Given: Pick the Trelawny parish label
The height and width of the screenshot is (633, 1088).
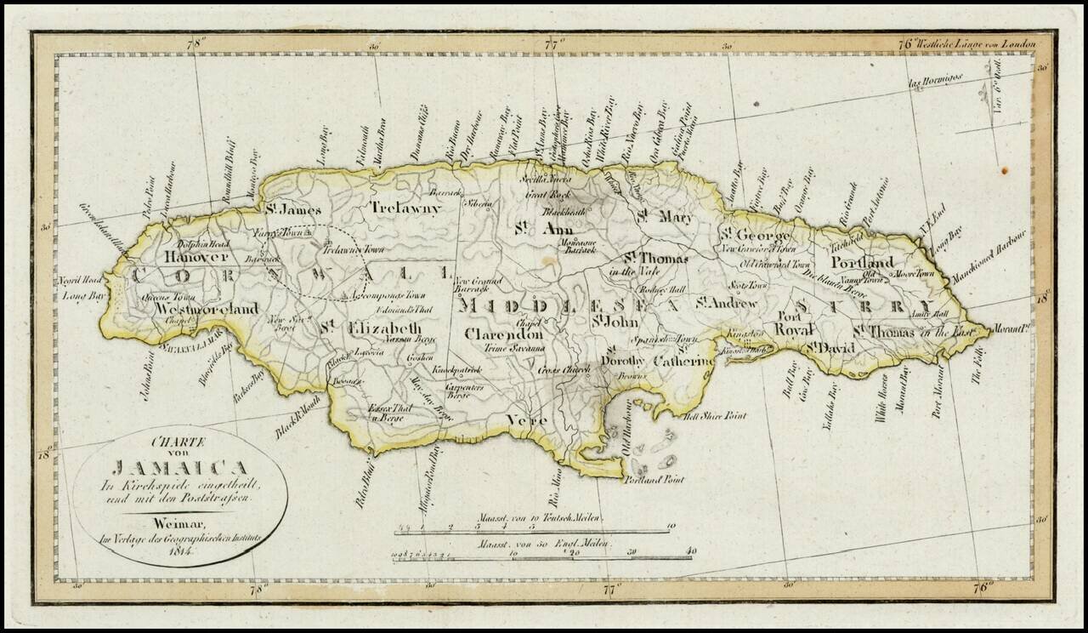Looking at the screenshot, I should [x=405, y=207].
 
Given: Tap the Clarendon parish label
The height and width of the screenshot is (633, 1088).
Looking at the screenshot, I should [x=503, y=334].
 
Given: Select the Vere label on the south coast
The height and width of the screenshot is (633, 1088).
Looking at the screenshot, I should [x=526, y=419].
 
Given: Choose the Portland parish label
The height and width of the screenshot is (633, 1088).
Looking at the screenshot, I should [x=862, y=261].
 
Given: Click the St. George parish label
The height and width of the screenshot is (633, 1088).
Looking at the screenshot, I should [x=756, y=234].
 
